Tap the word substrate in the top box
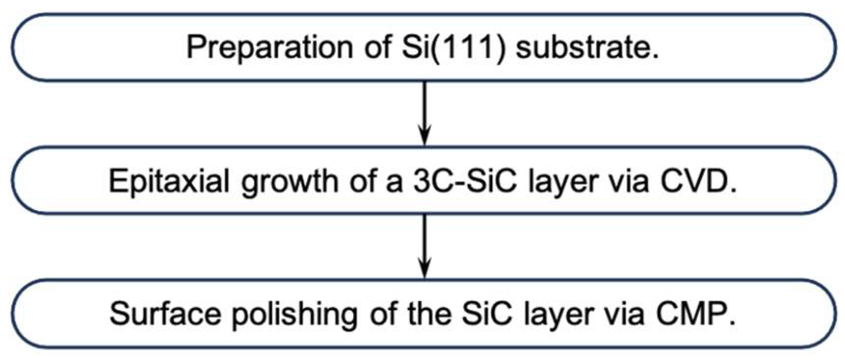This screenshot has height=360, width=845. click(587, 47)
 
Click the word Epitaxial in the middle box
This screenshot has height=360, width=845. click(169, 182)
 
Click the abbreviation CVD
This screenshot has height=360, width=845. click(698, 181)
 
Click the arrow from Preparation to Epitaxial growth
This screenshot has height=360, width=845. click(425, 112)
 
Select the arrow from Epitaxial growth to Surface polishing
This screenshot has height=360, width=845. click(425, 245)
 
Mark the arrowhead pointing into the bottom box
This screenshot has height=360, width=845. click(425, 272)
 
